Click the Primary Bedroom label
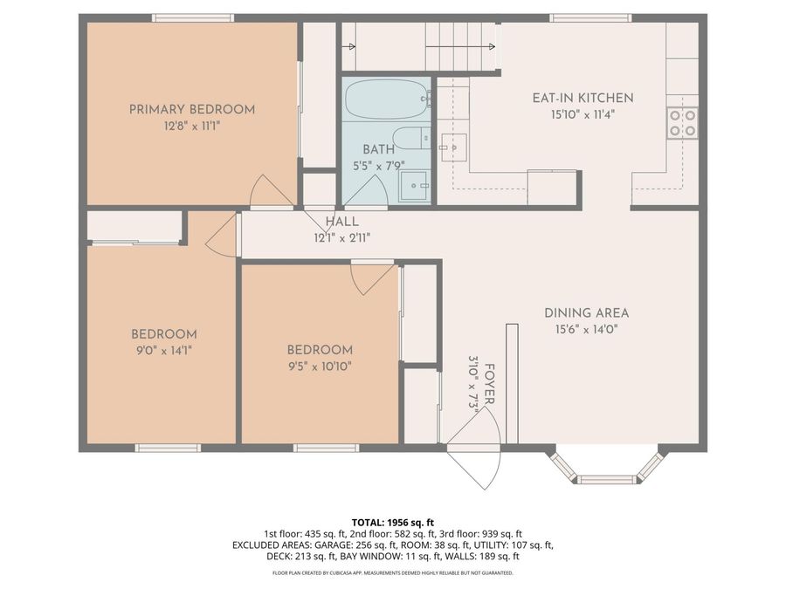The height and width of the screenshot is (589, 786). pyautogui.click(x=192, y=109)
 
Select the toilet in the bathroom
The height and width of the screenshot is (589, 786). pyautogui.click(x=411, y=138)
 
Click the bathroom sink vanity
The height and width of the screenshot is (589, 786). pyautogui.click(x=415, y=186)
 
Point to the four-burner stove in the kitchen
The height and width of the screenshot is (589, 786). pyautogui.click(x=682, y=123)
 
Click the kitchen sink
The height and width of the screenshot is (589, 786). pyautogui.click(x=453, y=147)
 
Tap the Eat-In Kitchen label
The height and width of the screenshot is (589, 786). pyautogui.click(x=583, y=98)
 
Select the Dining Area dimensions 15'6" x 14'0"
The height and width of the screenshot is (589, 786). pyautogui.click(x=586, y=329)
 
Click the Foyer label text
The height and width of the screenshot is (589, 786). pyautogui.click(x=490, y=384)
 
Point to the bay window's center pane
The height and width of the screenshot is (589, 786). pyautogui.click(x=609, y=479)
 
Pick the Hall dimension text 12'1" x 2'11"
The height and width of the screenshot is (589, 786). pyautogui.click(x=341, y=238)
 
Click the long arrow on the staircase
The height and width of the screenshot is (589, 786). pyautogui.click(x=460, y=46)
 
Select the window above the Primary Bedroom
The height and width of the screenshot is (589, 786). pyautogui.click(x=193, y=18)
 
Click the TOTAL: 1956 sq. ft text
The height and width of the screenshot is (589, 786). pyautogui.click(x=392, y=523)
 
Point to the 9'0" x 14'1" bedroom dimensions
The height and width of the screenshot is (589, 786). pyautogui.click(x=164, y=351)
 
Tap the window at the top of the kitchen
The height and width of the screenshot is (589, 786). pyautogui.click(x=590, y=18)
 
